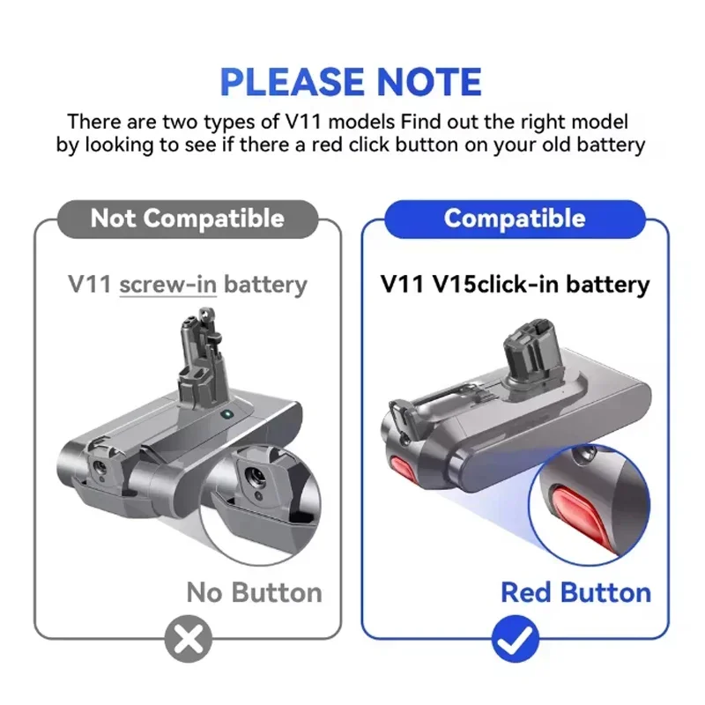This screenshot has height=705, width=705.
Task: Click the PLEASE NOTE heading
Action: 351,82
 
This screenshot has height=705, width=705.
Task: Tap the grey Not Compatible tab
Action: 187,218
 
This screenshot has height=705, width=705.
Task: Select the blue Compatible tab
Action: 515,218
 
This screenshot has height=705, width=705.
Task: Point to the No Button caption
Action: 254,591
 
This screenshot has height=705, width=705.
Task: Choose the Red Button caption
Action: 575,591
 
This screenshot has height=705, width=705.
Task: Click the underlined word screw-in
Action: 168,285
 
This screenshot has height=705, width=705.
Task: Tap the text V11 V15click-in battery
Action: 516,285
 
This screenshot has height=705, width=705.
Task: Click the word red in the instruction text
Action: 382,145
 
